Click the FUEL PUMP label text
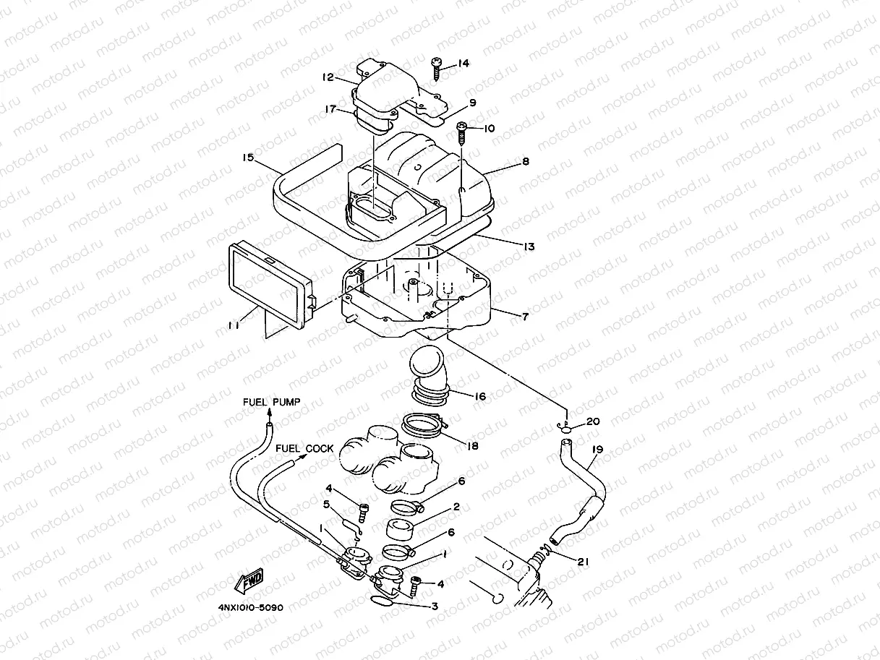[x=270, y=402]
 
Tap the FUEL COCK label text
[x=304, y=448]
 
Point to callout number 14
[x=463, y=63]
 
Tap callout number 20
[x=593, y=420]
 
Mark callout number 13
[x=529, y=247]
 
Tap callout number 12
[x=328, y=77]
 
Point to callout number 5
[x=327, y=504]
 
